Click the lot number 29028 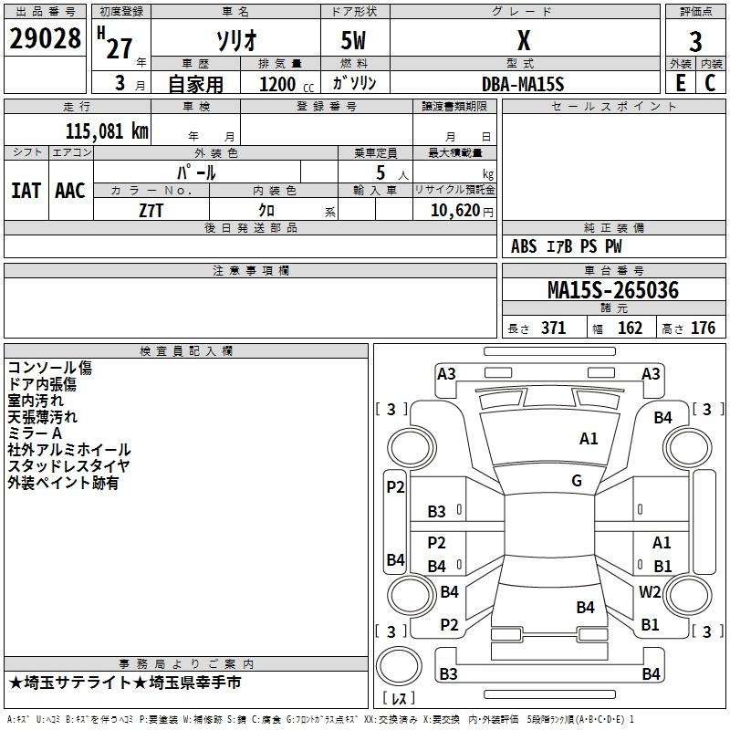(x=45, y=40)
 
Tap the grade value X (x=523, y=40)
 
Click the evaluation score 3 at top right (x=695, y=42)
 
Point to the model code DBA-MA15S (x=523, y=84)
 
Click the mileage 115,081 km (x=107, y=130)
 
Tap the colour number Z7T (x=151, y=209)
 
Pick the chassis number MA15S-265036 (x=612, y=290)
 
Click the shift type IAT (x=26, y=191)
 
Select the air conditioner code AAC (x=70, y=191)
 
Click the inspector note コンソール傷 (x=50, y=368)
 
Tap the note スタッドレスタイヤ (x=69, y=466)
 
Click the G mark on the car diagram (x=577, y=481)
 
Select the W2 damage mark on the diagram (x=650, y=592)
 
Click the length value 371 (x=553, y=328)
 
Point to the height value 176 (x=703, y=328)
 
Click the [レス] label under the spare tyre (x=399, y=699)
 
